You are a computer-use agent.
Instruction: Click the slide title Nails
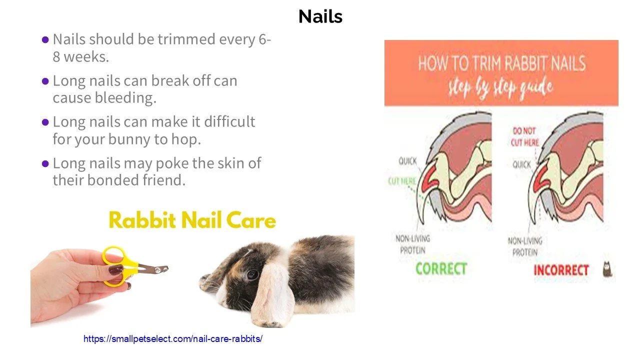tap(320, 16)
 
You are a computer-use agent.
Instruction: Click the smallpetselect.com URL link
tap(172, 339)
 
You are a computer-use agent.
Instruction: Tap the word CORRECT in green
tap(441, 268)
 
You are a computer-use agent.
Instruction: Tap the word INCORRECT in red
tap(561, 270)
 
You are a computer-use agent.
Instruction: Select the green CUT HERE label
tap(401, 181)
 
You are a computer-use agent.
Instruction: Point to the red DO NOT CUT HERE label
tap(524, 136)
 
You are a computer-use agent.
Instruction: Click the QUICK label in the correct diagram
tap(407, 161)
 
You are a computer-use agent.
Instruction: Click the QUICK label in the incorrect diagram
tap(521, 164)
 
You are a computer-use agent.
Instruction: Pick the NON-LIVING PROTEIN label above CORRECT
tap(413, 244)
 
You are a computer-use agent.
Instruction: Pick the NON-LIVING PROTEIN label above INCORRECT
tap(525, 246)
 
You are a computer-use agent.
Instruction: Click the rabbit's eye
tap(253, 274)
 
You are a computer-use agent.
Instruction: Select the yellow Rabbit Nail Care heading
tap(192, 220)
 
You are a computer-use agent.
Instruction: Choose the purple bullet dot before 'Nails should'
tap(45, 39)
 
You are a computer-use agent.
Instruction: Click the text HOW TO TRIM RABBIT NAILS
tap(501, 64)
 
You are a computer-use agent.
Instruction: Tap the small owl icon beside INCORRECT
tap(608, 269)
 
